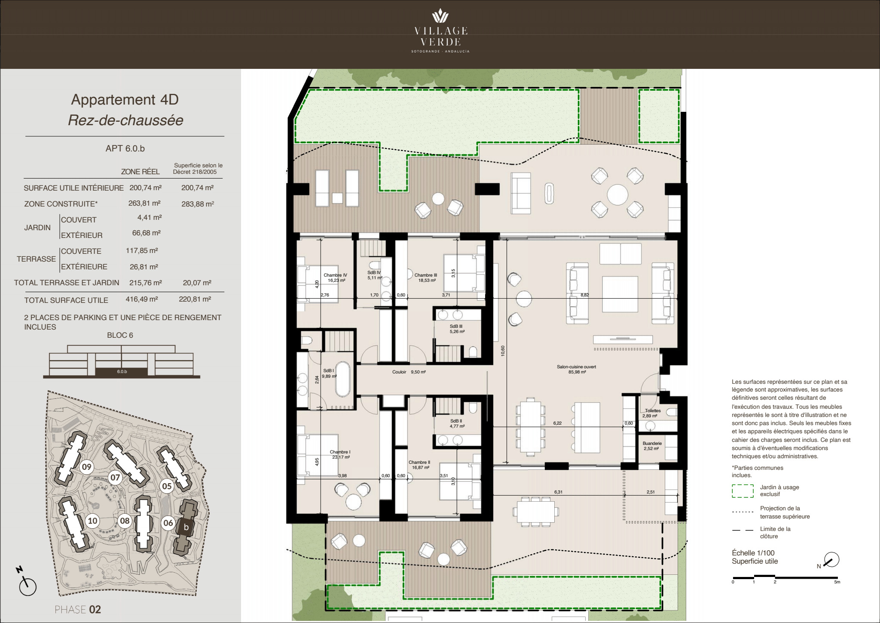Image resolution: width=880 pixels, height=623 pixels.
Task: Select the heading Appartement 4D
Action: coord(125,99)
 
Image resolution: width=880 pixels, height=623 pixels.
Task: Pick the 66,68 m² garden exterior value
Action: coord(147,233)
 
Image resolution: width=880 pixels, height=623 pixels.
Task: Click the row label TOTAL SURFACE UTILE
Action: coord(66,300)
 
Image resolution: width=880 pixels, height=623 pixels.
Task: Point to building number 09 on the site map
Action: coord(87,467)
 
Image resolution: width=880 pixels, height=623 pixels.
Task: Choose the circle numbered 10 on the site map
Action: coord(92,521)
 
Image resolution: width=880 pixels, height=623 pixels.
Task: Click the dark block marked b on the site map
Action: coord(186,527)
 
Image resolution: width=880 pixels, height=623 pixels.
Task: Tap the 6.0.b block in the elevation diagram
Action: coord(122,371)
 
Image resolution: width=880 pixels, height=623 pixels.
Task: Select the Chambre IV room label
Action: coord(336,278)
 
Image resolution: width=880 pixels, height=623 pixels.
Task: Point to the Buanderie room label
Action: coord(652,446)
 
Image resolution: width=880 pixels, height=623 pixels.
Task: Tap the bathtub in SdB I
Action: coord(342,379)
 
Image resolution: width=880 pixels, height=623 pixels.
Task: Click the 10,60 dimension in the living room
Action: coord(503,351)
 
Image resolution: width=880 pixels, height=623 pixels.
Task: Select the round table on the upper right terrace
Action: coord(617,195)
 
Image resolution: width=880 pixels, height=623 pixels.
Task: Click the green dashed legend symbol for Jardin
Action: coord(742,491)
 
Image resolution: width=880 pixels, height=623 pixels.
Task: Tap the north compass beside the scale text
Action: coord(832,560)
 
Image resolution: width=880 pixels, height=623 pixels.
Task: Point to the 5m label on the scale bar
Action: coord(837,582)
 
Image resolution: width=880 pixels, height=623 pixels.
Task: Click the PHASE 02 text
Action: coord(78,610)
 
